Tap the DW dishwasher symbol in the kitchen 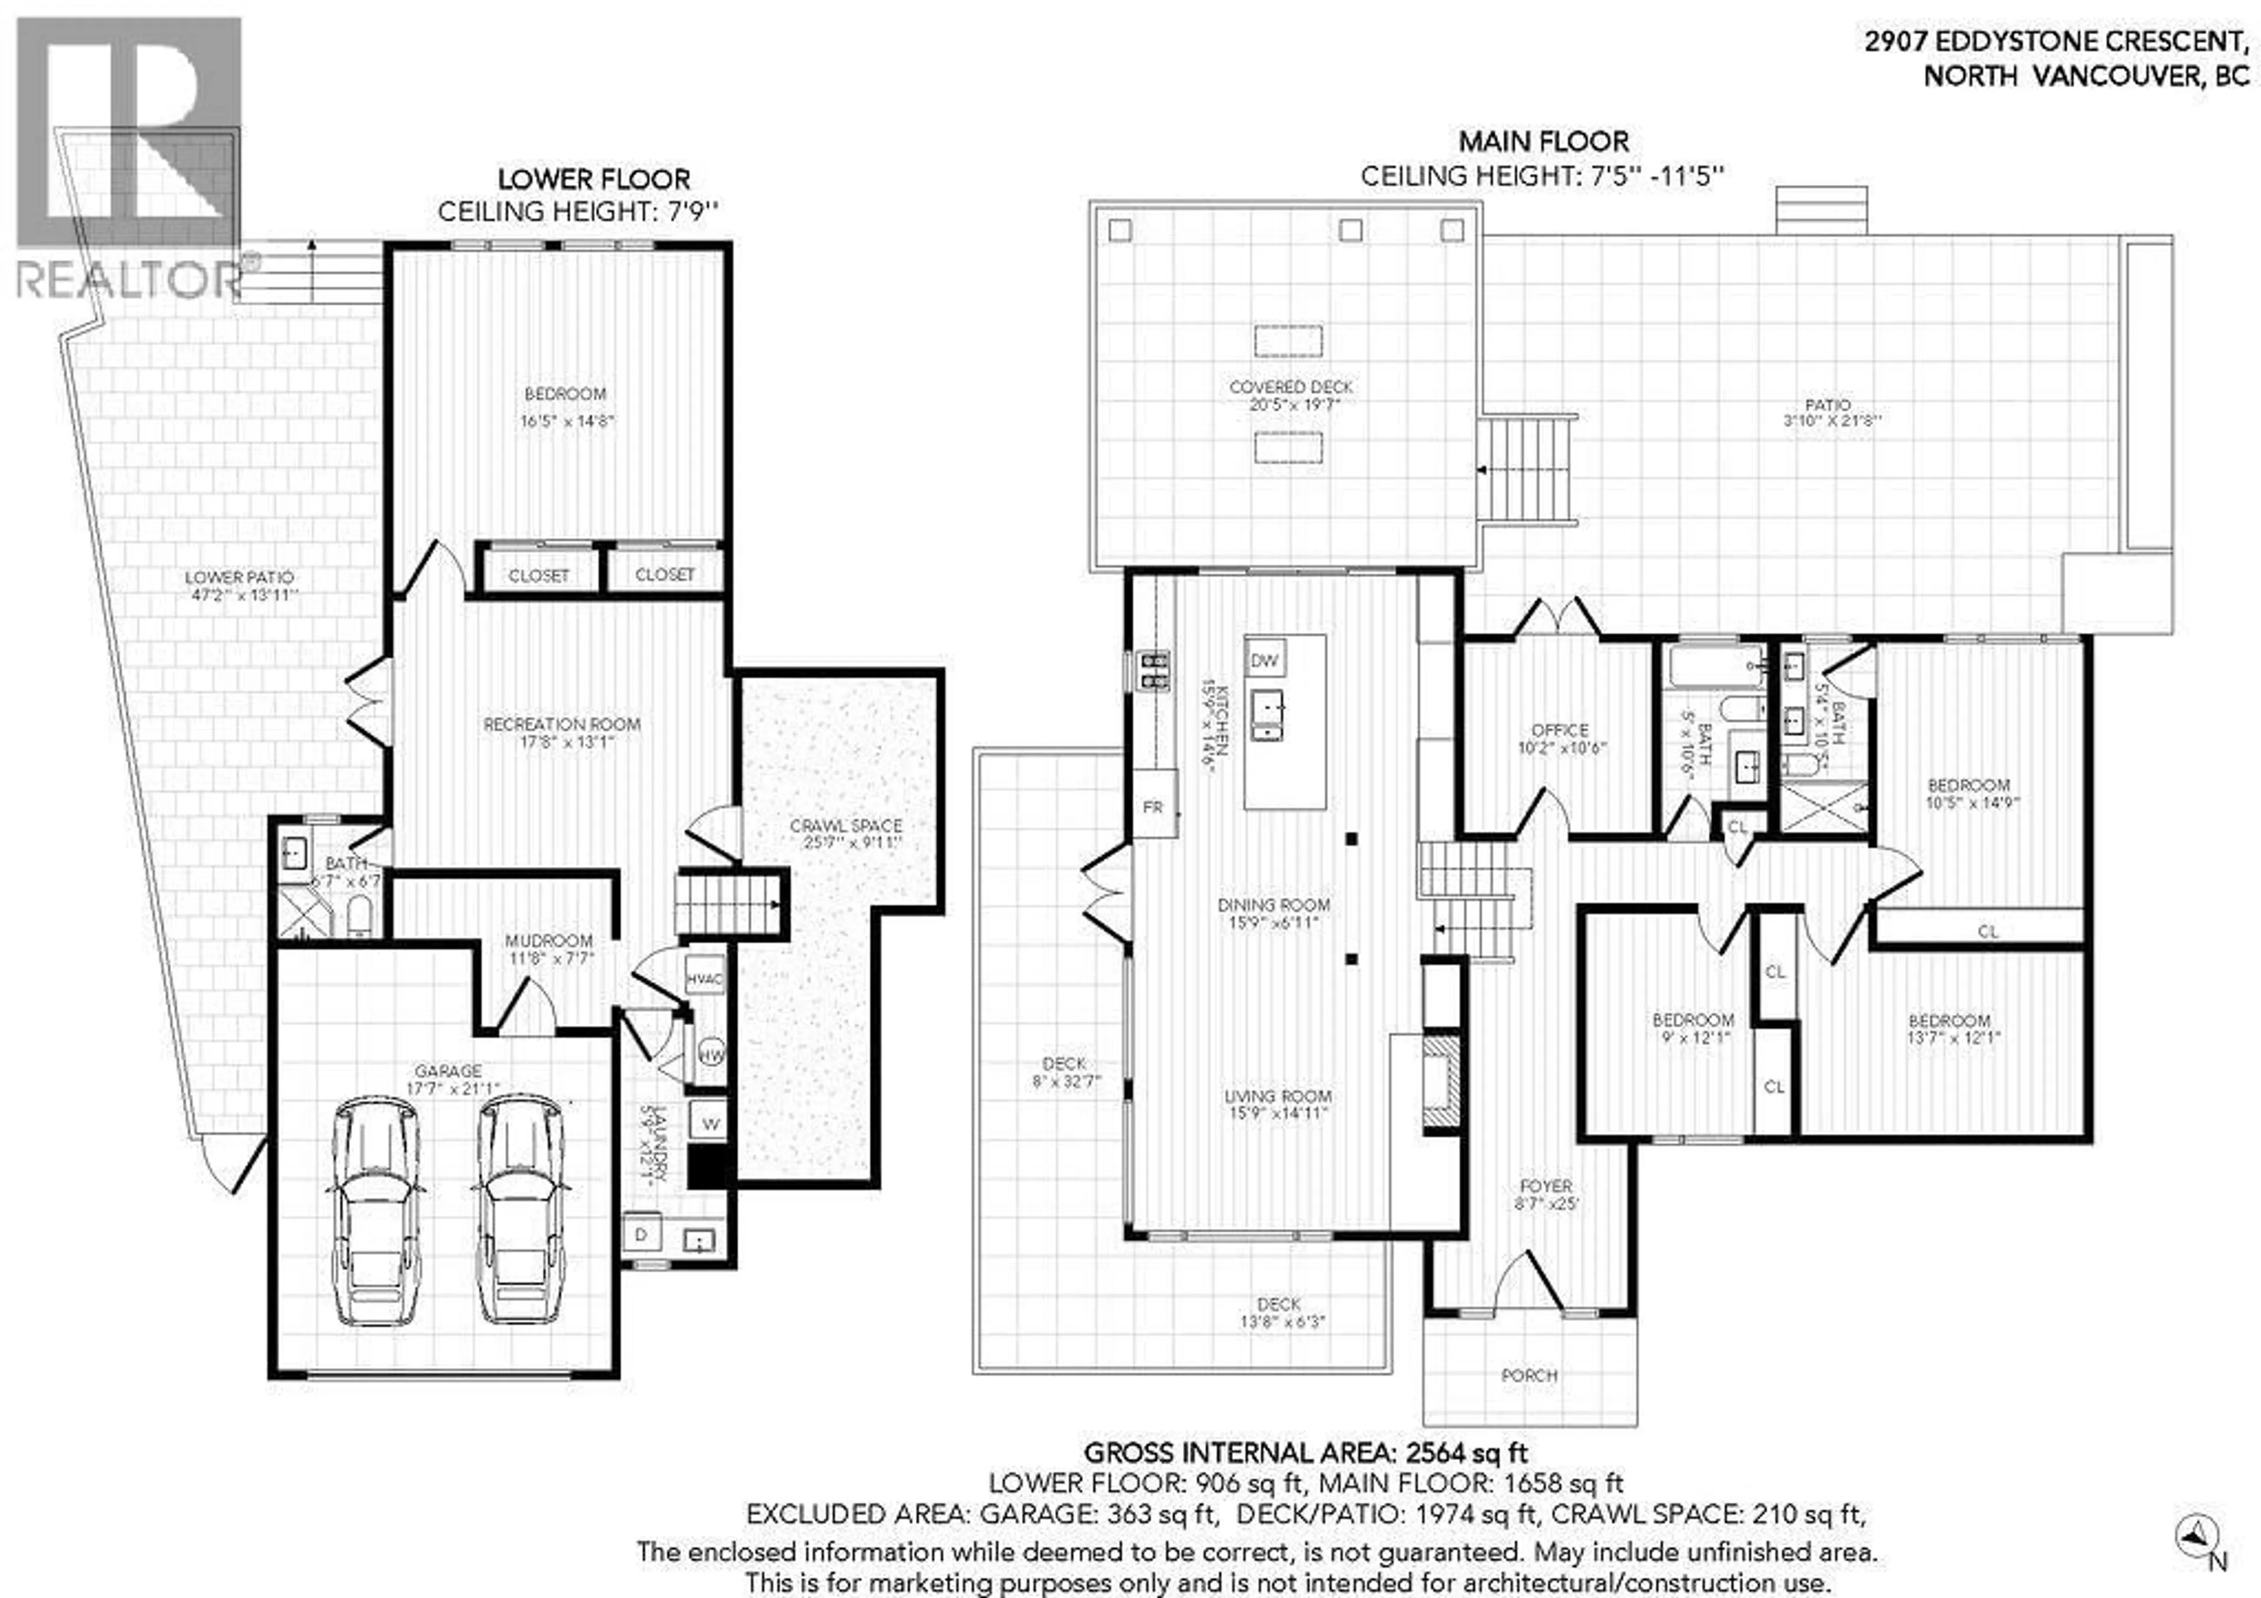[1264, 660]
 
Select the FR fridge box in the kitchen [1153, 806]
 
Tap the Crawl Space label [846, 825]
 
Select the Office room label [1560, 730]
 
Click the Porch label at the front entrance [1529, 1374]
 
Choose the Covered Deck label [1291, 387]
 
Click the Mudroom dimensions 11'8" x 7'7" [549, 958]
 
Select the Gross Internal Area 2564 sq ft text [1306, 1452]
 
